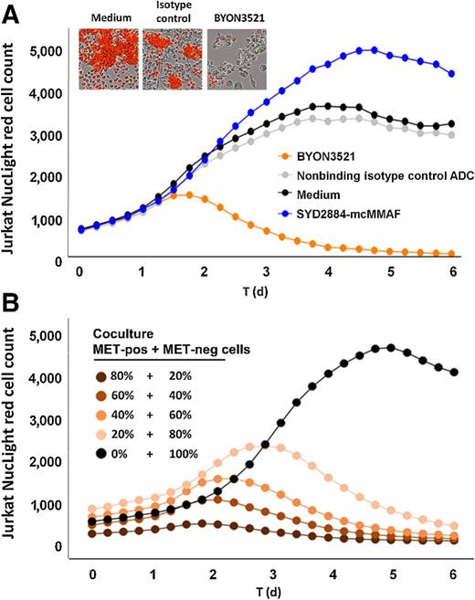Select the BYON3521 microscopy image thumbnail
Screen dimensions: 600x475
[235, 59]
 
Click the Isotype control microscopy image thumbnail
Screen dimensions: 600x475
[172, 59]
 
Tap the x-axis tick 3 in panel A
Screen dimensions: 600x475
[265, 271]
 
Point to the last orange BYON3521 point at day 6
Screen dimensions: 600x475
[451, 254]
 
